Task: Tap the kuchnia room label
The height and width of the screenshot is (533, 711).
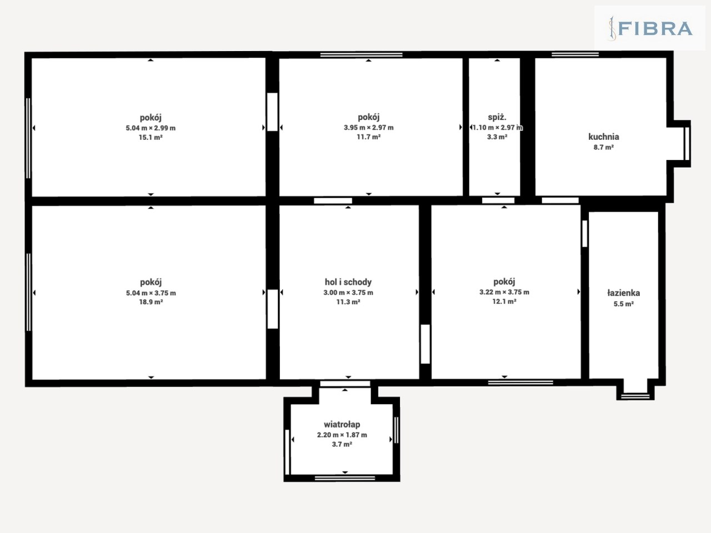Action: (x=603, y=137)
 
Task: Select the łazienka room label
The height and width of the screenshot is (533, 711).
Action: (x=624, y=293)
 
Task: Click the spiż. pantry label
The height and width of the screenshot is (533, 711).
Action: (x=497, y=118)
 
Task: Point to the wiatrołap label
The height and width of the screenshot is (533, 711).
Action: (x=342, y=424)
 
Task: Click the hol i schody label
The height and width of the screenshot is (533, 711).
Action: (x=348, y=282)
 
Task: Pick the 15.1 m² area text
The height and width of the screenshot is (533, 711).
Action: (x=151, y=138)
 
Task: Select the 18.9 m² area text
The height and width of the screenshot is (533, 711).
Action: (x=151, y=302)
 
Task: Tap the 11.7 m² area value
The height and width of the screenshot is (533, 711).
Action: (x=369, y=137)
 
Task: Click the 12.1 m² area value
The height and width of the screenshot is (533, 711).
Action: (x=504, y=301)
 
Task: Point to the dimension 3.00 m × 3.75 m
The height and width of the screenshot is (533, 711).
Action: (x=348, y=293)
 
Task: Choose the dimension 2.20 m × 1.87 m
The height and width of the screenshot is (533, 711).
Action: (x=342, y=435)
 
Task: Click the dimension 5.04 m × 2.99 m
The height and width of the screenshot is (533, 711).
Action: (x=151, y=128)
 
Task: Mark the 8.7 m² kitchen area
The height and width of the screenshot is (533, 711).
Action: (x=603, y=148)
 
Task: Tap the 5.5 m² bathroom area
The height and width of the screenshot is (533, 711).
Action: (x=624, y=304)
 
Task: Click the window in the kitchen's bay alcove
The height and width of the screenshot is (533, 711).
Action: (x=687, y=144)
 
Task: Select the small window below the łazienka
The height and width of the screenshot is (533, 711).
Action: (x=635, y=396)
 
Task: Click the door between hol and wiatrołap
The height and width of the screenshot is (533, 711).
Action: (x=345, y=384)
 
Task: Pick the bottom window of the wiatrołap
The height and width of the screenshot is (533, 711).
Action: (x=345, y=478)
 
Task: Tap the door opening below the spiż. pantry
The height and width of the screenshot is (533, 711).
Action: (x=498, y=200)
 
